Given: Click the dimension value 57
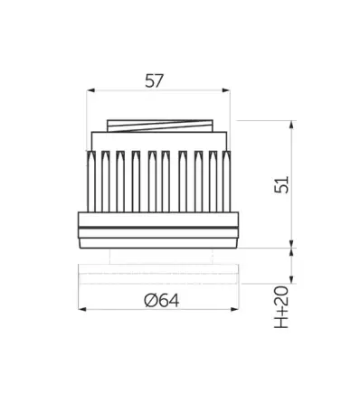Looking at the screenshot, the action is tap(154, 81).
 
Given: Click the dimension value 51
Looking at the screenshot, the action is tap(281, 184).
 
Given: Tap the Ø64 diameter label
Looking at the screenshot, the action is tap(162, 300).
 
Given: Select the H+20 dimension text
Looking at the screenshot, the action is tap(281, 307).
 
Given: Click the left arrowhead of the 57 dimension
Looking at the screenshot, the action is tap(90, 90).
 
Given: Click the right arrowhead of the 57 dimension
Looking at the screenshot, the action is tap(226, 90).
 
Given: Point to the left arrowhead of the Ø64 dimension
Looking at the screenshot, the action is tap(82, 309).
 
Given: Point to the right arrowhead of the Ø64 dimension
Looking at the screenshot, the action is tap(234, 309).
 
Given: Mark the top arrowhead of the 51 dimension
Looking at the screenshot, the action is tap(291, 125).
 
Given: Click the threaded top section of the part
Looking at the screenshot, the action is tap(160, 126).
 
